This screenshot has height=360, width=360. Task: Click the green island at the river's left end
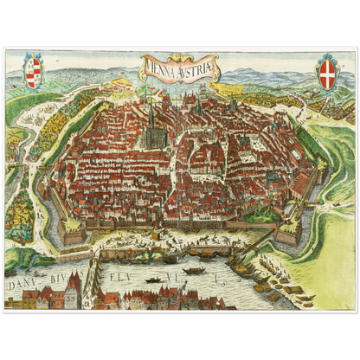point(22,258)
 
